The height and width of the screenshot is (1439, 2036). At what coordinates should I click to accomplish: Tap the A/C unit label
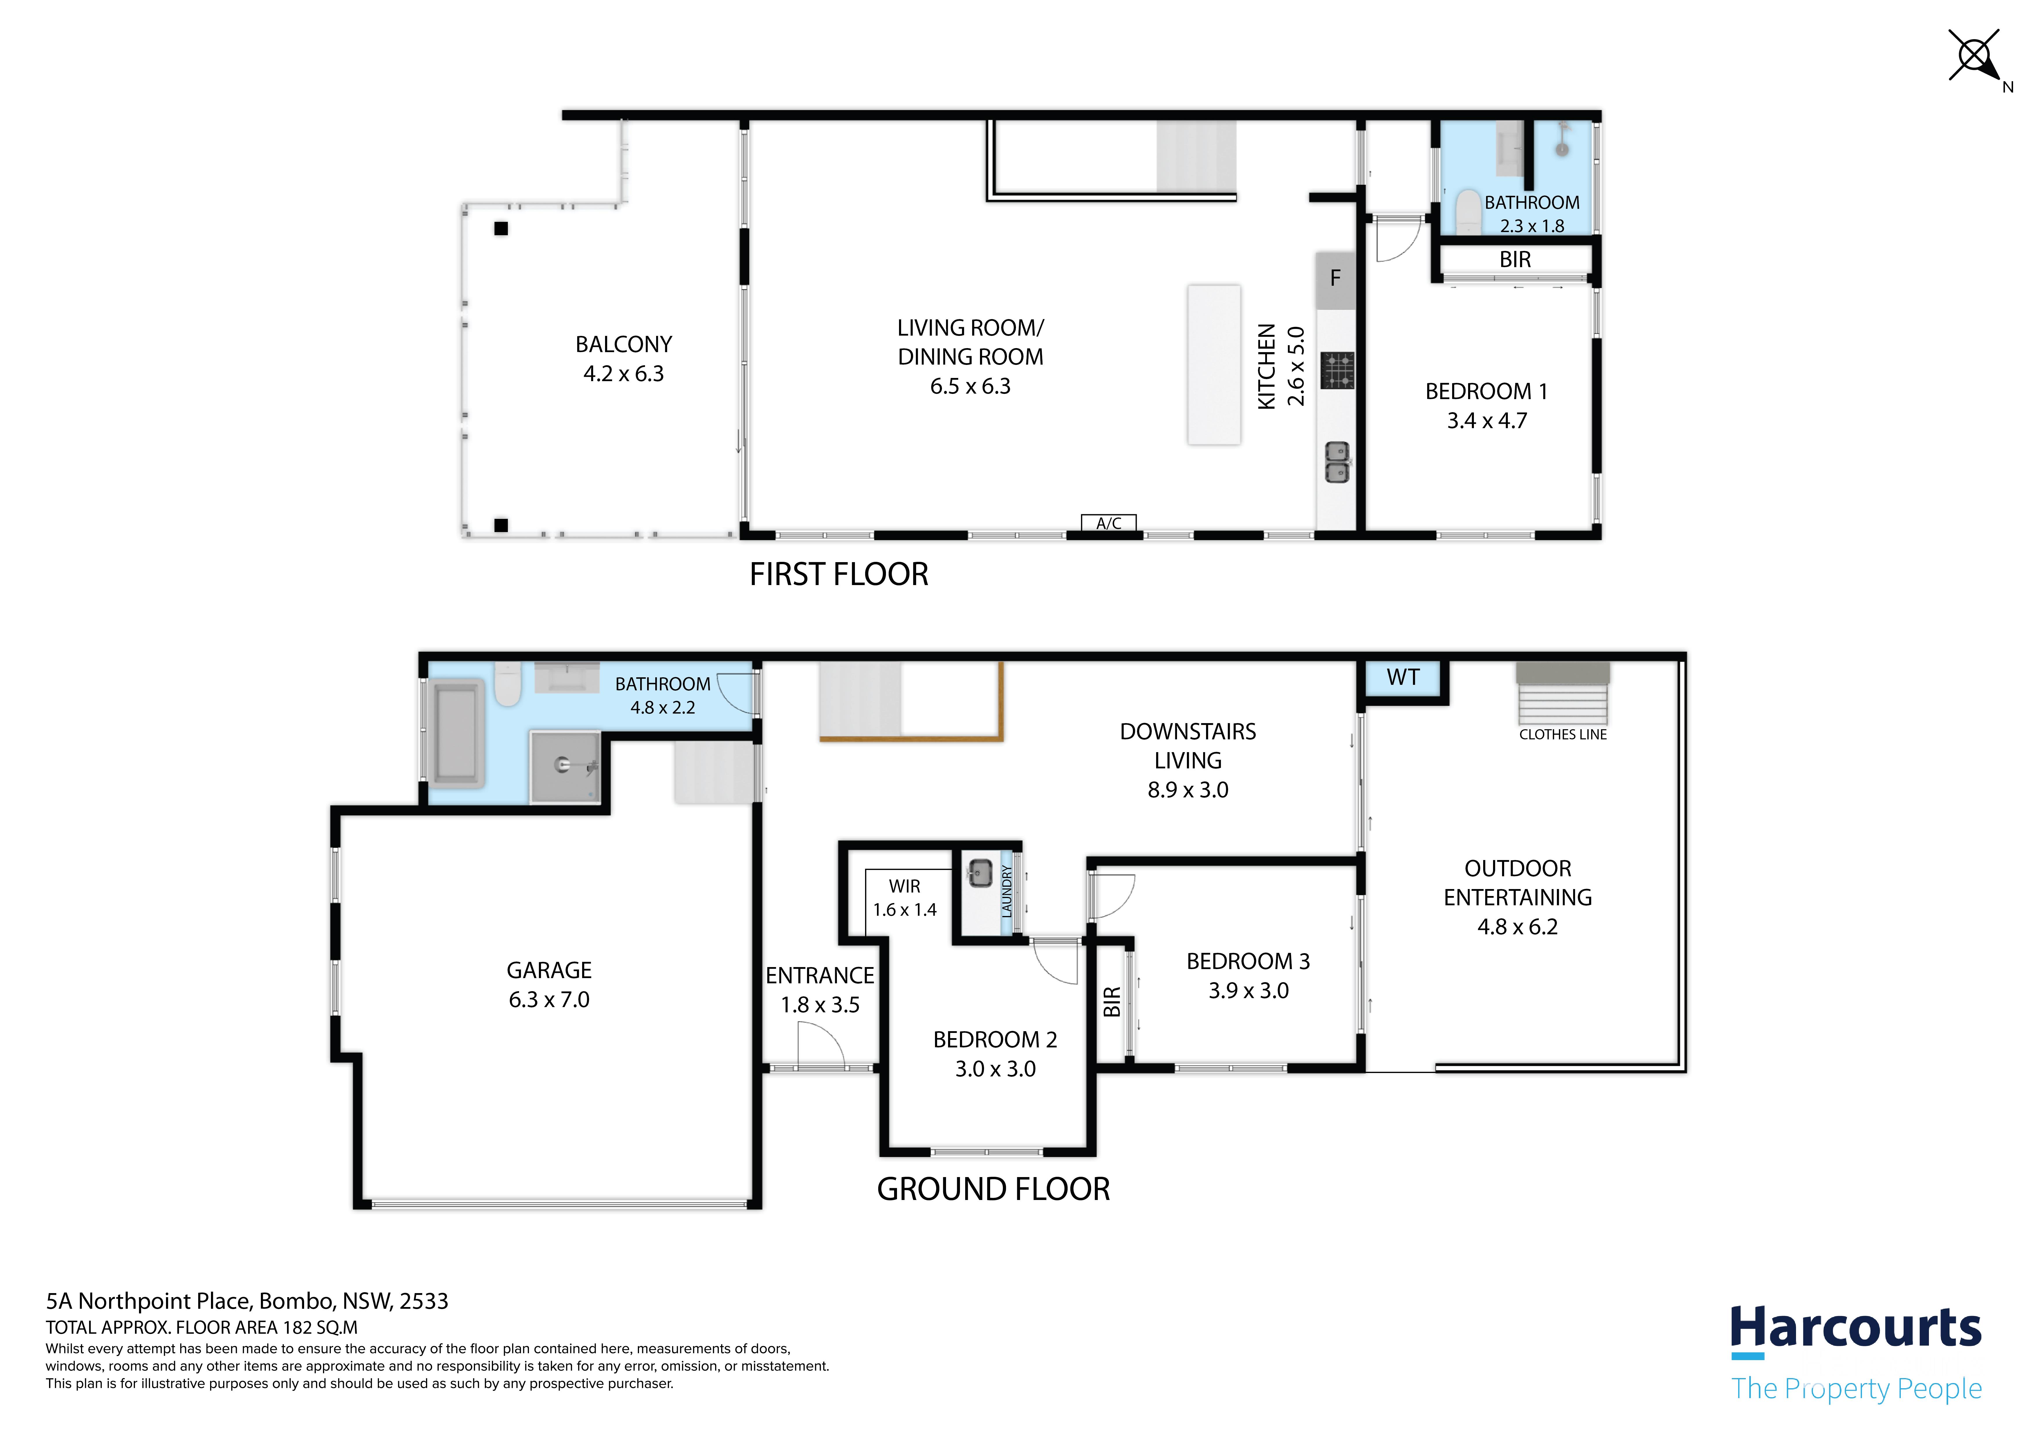tap(1109, 523)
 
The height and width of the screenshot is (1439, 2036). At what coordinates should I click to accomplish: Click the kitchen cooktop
tap(1337, 371)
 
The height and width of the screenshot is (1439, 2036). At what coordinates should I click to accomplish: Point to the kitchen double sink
tap(1337, 462)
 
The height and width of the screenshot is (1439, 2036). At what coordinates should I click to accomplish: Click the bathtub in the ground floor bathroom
tap(457, 734)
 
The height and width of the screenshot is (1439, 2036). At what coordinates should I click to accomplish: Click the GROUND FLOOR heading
tap(993, 1189)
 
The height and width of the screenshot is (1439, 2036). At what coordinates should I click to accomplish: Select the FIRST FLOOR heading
tap(839, 575)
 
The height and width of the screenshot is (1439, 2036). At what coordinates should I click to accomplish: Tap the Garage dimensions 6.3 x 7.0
tap(549, 1000)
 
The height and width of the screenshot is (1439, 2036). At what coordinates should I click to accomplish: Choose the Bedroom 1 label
tap(1486, 392)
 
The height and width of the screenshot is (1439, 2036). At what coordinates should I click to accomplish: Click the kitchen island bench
tap(1214, 364)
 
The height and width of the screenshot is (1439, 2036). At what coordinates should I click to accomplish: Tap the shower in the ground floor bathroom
tap(566, 767)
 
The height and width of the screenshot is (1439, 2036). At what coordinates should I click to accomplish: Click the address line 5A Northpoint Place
tap(248, 1302)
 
